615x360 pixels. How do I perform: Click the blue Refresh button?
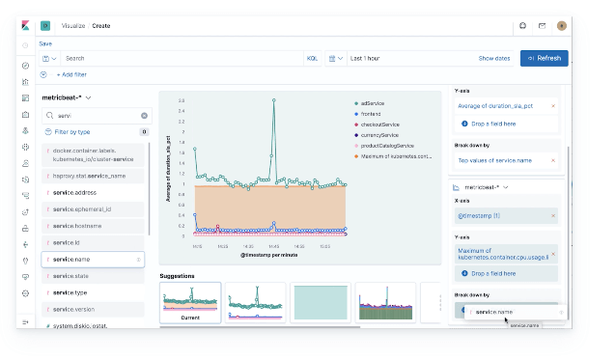pyautogui.click(x=544, y=58)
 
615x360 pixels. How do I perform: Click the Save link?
pyautogui.click(x=45, y=43)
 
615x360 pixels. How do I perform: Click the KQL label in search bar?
pyautogui.click(x=312, y=58)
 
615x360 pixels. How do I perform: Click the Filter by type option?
pyautogui.click(x=72, y=131)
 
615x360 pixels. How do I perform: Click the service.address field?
pyautogui.click(x=77, y=192)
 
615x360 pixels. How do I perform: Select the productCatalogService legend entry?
pyautogui.click(x=391, y=145)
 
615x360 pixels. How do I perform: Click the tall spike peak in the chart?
pyautogui.click(x=274, y=99)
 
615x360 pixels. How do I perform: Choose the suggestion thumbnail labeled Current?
pyautogui.click(x=190, y=303)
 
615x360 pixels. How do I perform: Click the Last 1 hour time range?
pyautogui.click(x=365, y=58)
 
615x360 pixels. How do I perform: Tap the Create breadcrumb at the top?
pyautogui.click(x=101, y=26)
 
